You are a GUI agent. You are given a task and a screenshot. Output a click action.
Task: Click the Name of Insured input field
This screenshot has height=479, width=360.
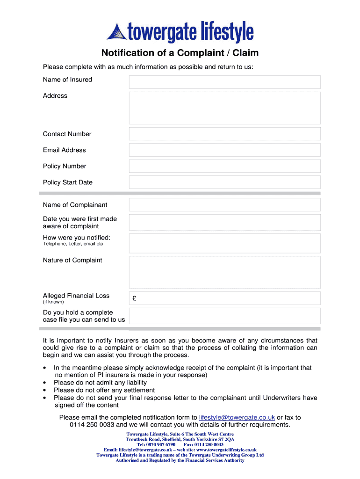pos(224,82)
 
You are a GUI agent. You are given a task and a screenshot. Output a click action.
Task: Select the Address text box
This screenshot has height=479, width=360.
pos(224,108)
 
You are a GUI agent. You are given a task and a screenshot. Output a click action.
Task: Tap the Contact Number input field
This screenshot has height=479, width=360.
pos(224,134)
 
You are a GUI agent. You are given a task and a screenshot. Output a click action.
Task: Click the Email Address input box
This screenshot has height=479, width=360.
pos(224,150)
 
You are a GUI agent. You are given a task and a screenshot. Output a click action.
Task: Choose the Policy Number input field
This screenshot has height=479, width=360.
pos(224,166)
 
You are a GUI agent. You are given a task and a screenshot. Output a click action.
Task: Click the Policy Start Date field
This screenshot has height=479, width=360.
pos(224,182)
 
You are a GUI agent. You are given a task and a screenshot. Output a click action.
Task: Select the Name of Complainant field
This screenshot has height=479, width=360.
pos(224,205)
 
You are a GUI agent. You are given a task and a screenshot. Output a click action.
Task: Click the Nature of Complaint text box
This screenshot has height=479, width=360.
pos(224,272)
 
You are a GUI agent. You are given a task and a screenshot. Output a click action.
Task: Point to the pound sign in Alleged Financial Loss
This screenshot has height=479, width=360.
pos(134,298)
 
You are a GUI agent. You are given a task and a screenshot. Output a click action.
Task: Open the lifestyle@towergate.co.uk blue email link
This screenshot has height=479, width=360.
pos(237,417)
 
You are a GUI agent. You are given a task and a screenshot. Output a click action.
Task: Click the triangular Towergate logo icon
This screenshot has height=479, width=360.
pos(117,32)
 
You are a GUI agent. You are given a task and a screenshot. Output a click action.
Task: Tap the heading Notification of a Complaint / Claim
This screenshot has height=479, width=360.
pos(180,53)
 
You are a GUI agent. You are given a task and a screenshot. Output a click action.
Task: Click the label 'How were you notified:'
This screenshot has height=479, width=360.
pos(77,237)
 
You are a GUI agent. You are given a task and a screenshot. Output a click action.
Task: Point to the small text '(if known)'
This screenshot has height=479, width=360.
pos(53,302)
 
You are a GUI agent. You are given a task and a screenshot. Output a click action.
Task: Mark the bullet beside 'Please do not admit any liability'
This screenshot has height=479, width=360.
pos(43,383)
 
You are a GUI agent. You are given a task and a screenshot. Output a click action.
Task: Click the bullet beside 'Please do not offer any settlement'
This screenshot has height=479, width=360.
pos(43,391)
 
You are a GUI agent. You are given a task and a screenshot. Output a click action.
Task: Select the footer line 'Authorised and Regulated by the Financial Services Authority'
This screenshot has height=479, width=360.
pos(180,460)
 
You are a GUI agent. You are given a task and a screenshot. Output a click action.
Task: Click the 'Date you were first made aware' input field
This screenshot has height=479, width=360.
pos(224,223)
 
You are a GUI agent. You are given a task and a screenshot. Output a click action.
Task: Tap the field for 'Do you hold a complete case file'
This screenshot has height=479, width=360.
pos(224,316)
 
